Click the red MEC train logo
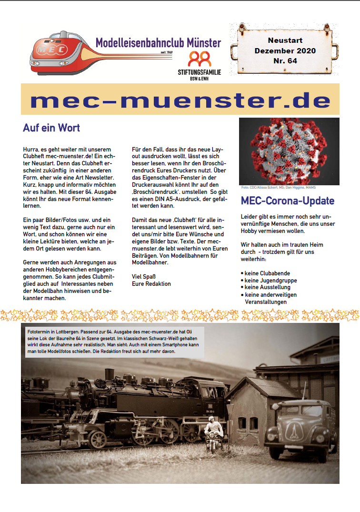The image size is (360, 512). (x=60, y=52)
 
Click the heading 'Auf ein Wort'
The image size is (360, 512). (x=51, y=128)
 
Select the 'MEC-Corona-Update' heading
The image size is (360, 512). (x=288, y=201)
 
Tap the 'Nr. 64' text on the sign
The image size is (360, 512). (x=285, y=60)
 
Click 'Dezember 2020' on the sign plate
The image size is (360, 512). (x=285, y=50)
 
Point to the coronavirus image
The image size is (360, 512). (x=289, y=151)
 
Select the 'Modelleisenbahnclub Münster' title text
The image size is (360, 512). (x=158, y=43)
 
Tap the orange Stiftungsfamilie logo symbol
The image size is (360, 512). (x=200, y=60)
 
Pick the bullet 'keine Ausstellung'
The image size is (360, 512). (x=267, y=288)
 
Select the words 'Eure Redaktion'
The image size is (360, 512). (x=151, y=284)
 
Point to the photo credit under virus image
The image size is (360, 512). (x=278, y=188)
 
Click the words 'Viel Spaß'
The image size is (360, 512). (x=143, y=277)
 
